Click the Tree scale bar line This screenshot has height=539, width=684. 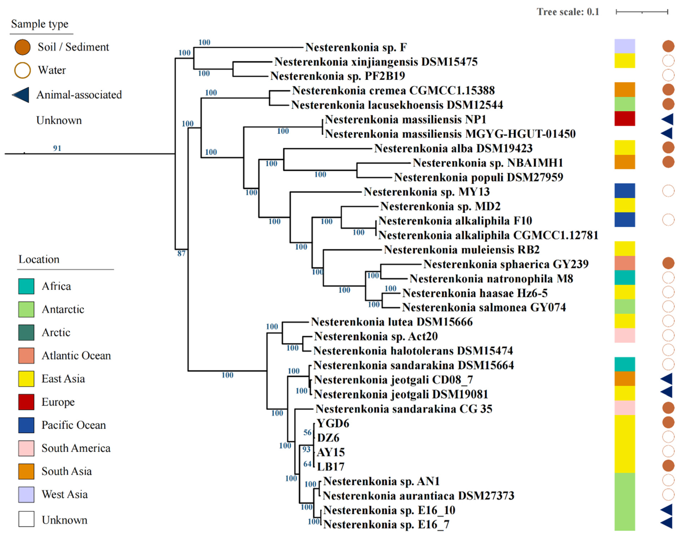point(641,12)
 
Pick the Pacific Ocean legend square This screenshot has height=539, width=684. point(26,425)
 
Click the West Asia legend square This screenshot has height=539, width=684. point(26,494)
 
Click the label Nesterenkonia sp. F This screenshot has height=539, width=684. point(356,47)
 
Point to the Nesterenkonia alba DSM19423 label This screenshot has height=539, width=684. point(453,148)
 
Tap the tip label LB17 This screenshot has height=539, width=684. point(331,467)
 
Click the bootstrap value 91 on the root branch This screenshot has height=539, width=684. point(57,148)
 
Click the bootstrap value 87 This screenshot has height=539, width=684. point(181,253)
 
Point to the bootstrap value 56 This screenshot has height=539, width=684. point(307,432)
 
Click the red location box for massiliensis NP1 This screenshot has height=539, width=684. point(624,119)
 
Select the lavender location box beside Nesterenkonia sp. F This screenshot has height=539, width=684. point(624,46)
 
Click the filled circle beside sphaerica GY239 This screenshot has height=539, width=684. point(668,263)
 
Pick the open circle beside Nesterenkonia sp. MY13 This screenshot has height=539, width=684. point(668,191)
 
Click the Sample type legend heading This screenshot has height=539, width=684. point(40,24)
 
